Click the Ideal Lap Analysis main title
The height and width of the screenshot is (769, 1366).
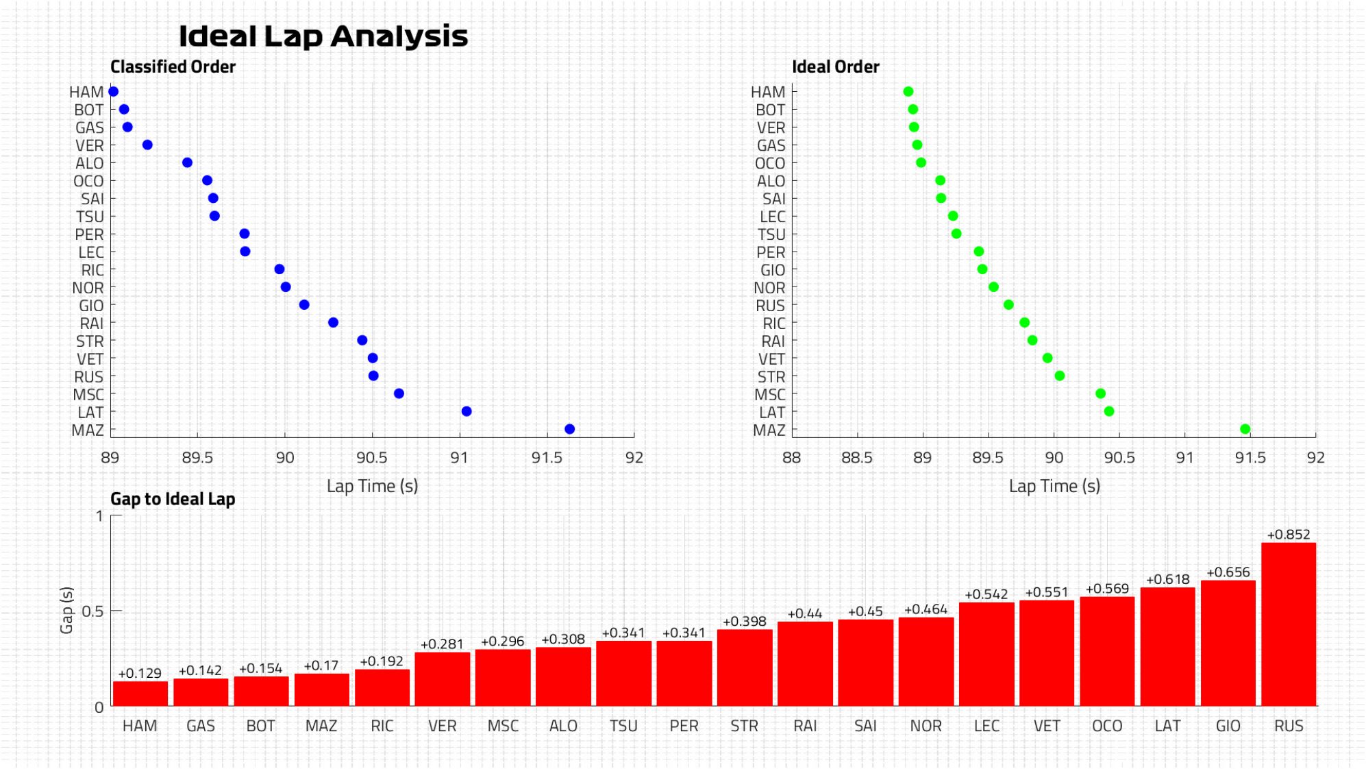323,36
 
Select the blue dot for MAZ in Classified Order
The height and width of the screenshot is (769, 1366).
569,429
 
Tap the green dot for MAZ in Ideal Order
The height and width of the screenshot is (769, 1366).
1245,429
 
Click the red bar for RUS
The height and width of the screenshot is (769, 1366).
1288,624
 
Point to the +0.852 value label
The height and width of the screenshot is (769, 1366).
1288,535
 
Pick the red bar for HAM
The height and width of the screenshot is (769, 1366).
140,694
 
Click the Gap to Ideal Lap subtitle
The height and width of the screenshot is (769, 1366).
173,499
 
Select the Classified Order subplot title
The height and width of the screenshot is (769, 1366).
173,66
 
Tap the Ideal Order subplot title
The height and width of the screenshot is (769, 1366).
835,66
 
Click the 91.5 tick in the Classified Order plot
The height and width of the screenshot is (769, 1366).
547,458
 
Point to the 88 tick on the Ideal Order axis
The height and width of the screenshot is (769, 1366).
791,458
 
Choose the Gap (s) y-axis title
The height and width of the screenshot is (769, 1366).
66,610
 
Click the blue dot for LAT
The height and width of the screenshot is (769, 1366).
467,411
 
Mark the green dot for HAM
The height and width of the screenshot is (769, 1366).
908,91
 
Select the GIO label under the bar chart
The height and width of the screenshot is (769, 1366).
1228,726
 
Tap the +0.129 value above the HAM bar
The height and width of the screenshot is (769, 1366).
140,674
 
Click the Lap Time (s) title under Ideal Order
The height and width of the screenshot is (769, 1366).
1054,486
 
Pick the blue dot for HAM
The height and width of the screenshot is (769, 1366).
114,91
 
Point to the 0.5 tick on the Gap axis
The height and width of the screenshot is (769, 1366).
92,611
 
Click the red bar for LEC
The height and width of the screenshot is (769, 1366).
986,654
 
